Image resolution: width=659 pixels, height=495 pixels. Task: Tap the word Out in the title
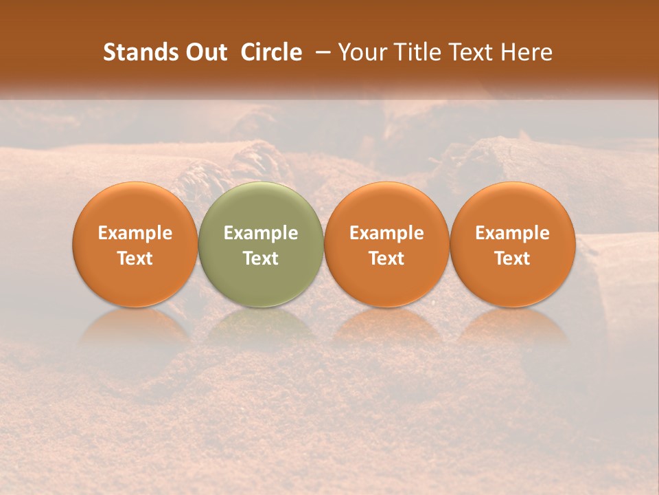205,52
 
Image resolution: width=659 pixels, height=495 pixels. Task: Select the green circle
261,244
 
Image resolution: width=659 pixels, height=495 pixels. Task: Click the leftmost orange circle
135,244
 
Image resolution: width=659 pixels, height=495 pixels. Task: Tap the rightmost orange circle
512,244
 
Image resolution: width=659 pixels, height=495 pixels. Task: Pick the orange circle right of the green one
386,244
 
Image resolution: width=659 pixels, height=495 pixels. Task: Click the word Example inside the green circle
261,233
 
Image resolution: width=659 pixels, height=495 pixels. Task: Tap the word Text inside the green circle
261,258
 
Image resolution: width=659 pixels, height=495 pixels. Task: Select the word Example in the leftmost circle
135,233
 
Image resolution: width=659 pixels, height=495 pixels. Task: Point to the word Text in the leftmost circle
135,258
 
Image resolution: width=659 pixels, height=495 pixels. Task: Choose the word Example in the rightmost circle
512,233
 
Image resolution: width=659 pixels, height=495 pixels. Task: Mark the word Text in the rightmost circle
512,258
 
